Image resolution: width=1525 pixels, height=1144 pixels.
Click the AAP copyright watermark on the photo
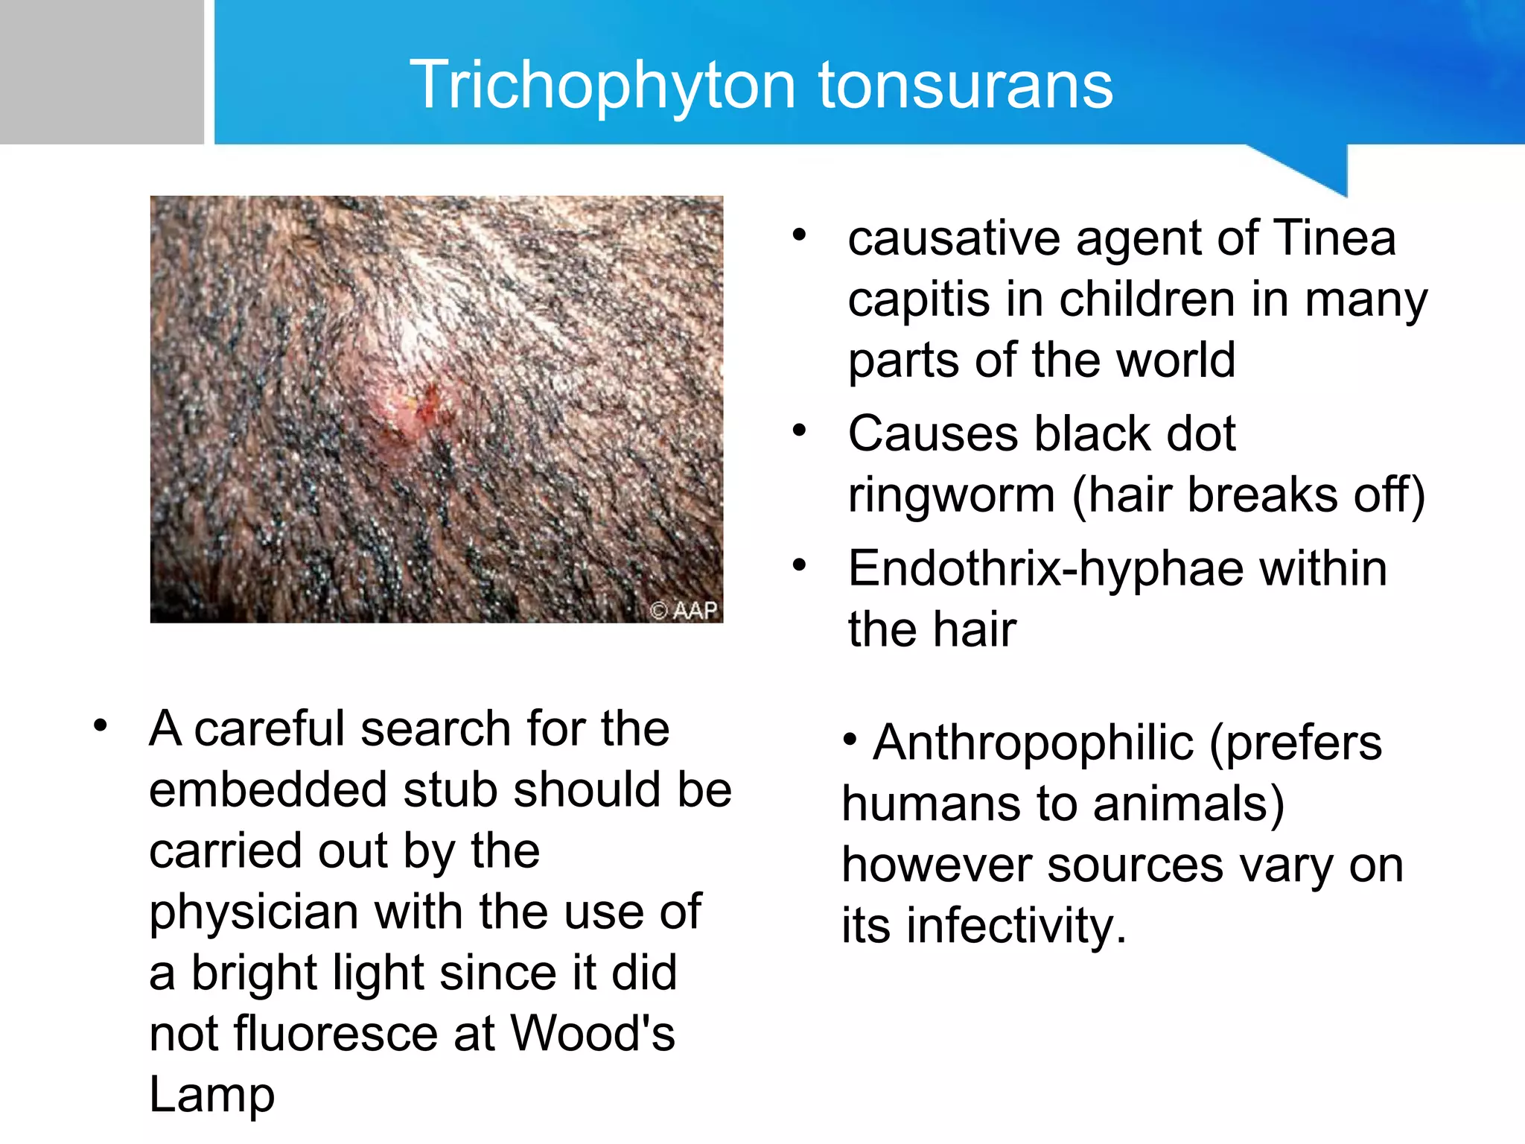684,611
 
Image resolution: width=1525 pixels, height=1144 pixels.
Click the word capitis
920,300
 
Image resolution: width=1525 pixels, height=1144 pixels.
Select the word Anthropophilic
1034,743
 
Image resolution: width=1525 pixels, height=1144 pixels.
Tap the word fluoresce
336,1034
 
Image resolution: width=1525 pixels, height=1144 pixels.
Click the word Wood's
592,1034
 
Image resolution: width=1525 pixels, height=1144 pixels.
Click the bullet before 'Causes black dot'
800,430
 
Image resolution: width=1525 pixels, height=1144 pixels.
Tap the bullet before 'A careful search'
101,725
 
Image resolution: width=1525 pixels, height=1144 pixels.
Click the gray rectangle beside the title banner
101,71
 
